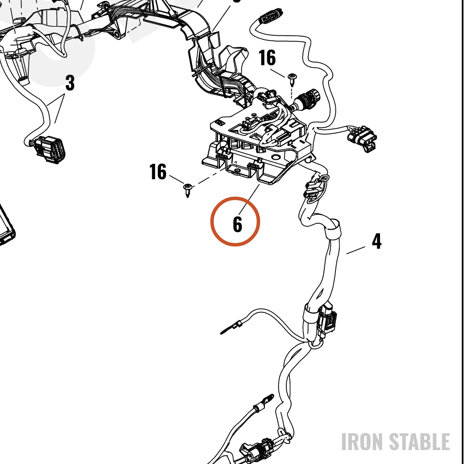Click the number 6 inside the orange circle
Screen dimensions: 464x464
[237, 224]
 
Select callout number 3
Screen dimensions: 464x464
[70, 83]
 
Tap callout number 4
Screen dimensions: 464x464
[376, 241]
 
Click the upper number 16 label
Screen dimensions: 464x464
[267, 58]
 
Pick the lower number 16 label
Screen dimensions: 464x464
[158, 172]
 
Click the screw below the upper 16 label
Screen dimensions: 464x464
[292, 79]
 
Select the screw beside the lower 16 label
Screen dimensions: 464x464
[188, 190]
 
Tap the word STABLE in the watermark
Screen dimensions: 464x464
[419, 442]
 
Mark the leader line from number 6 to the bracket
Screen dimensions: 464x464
[249, 200]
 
